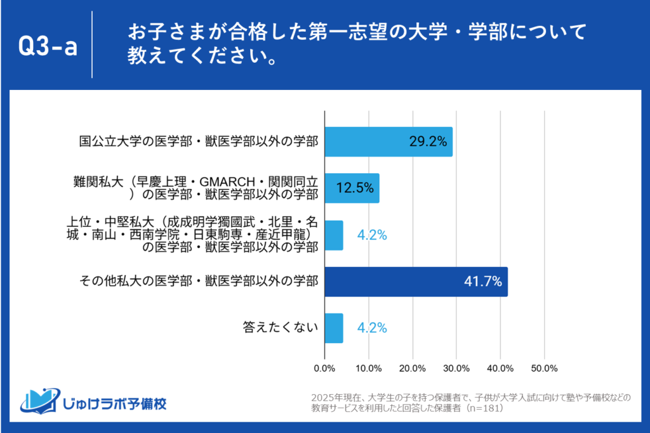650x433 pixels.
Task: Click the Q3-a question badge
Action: pyautogui.click(x=48, y=46)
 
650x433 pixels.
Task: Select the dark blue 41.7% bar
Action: pyautogui.click(x=416, y=281)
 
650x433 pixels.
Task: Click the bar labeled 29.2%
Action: pyautogui.click(x=388, y=141)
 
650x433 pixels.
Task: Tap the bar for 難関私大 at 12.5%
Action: pyautogui.click(x=352, y=188)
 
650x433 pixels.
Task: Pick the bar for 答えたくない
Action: pyautogui.click(x=334, y=328)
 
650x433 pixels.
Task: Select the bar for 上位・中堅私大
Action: pyautogui.click(x=334, y=235)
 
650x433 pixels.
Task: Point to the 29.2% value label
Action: pyautogui.click(x=428, y=141)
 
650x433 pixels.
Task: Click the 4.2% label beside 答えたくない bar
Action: pyautogui.click(x=371, y=328)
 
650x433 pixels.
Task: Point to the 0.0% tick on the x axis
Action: pyautogui.click(x=325, y=368)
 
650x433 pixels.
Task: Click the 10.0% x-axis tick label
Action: pyautogui.click(x=369, y=368)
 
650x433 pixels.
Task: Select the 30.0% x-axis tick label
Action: pyautogui.click(x=456, y=368)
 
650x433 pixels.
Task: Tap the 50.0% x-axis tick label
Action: pyautogui.click(x=544, y=368)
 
